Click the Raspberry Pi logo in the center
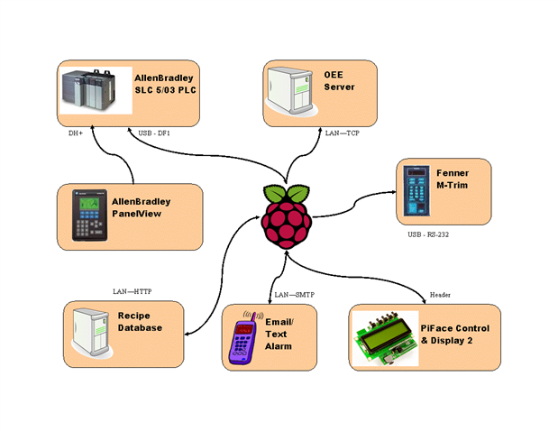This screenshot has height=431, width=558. coord(287,216)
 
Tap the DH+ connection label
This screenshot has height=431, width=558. coord(76,133)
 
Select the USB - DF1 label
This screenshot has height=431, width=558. coord(154,133)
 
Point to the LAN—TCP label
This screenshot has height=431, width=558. coord(343,133)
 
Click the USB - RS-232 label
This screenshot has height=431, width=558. coord(428,234)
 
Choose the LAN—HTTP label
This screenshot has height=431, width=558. coord(132,291)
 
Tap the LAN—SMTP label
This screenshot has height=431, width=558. coord(294,295)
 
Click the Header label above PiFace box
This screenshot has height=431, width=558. coord(440,295)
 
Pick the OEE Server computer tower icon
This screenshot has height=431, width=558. coord(292,91)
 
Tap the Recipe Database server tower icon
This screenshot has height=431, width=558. coord(92,333)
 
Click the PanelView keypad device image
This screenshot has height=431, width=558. coord(89,215)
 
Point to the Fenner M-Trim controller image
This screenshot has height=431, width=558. coord(416,191)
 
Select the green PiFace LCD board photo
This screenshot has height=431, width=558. coord(386,338)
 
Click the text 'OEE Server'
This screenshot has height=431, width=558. coord(339,81)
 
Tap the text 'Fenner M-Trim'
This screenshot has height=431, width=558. coord(453,179)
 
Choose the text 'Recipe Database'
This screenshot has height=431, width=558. coord(140,322)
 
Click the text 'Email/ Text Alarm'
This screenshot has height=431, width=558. coord(279,335)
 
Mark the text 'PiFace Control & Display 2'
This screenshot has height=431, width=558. coord(455,335)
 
